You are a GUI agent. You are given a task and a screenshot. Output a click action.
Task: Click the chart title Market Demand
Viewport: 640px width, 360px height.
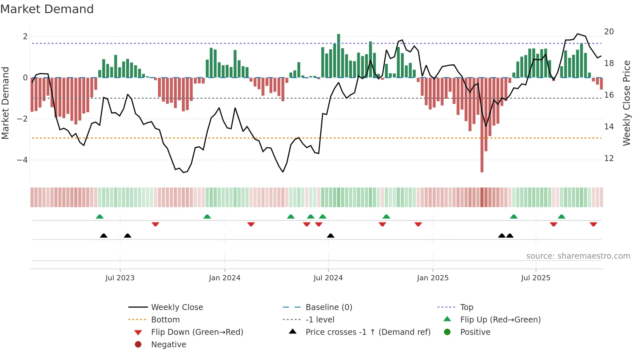click(47, 9)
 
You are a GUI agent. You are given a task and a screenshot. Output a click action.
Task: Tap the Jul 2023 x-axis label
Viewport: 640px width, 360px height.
click(120, 278)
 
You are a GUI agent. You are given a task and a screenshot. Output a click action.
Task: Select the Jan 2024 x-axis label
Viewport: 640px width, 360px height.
click(225, 278)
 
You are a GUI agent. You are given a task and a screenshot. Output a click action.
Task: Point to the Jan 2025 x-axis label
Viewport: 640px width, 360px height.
click(433, 278)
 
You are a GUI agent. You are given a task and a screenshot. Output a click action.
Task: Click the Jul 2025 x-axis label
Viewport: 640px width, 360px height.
click(536, 278)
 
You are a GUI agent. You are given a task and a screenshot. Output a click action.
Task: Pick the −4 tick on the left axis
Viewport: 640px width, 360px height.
click(22, 160)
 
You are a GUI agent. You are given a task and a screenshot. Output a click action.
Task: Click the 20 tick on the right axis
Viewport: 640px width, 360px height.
click(609, 32)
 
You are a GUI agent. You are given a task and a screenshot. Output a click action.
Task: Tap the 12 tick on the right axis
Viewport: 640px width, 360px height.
click(609, 158)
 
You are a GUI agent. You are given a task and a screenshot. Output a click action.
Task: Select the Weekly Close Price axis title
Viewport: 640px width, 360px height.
click(626, 103)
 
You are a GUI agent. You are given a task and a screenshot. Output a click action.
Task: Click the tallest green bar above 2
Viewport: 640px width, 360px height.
click(339, 56)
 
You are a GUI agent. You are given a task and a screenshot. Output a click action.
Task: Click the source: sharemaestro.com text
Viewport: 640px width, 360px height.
click(578, 256)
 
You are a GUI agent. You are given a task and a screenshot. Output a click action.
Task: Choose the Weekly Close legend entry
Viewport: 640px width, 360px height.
click(177, 307)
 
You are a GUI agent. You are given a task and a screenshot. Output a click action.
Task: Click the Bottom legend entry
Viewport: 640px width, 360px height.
click(165, 320)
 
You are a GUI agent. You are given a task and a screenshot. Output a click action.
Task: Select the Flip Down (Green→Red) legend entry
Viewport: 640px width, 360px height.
click(197, 332)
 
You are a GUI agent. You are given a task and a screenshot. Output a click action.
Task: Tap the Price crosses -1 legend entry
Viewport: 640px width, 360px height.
click(368, 332)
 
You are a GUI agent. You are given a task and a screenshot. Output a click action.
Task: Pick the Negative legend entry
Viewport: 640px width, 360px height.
click(168, 345)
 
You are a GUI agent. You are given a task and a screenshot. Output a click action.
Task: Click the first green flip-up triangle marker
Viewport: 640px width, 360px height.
click(100, 217)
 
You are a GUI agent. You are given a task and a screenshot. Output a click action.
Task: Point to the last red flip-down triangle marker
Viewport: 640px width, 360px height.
click(593, 224)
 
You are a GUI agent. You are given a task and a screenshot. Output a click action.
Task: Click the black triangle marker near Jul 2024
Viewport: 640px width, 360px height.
click(330, 236)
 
